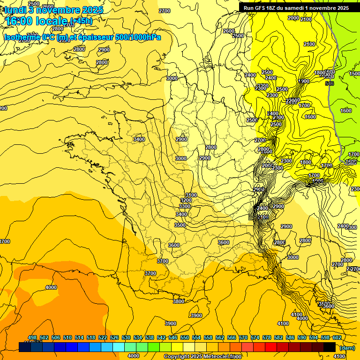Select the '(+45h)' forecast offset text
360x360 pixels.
pos(81,21)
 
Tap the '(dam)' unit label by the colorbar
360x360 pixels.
pos(347,348)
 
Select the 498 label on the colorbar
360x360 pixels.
pos(32,338)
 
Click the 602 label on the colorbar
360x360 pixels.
pos(337,338)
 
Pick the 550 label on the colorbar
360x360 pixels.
pos(185,338)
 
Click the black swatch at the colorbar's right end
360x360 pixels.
pos(330,347)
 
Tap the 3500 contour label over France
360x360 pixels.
pos(180,225)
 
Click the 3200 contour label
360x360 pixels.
pos(186,201)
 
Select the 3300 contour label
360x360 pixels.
pos(185,207)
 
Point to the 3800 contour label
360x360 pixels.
pos(178,301)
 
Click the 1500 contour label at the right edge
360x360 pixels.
pos(354,74)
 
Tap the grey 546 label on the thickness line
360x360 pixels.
pos(330,83)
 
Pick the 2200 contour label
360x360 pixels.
pos(292,101)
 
